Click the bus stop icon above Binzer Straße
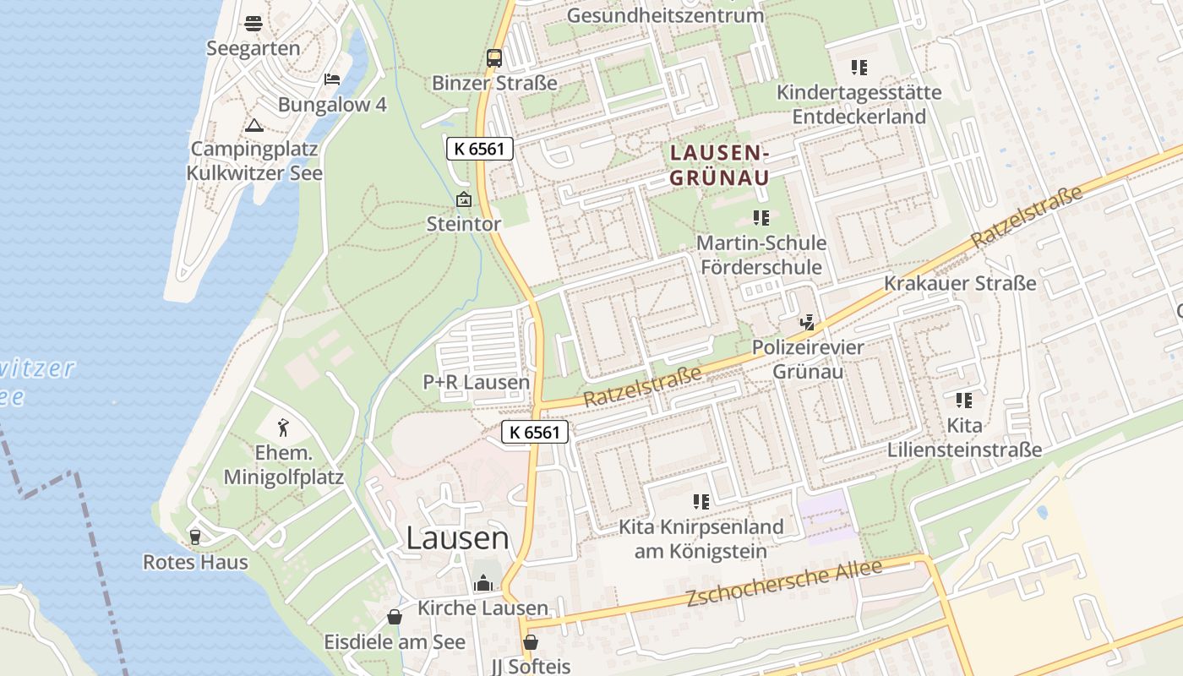tap(494, 58)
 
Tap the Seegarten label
tap(253, 48)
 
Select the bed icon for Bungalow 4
tap(332, 79)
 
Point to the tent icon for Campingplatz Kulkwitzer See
tap(253, 125)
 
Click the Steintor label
tap(463, 224)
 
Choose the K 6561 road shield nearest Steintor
tap(479, 149)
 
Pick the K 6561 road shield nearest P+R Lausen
tap(535, 432)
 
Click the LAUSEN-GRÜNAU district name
tap(719, 165)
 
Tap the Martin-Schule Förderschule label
tap(761, 254)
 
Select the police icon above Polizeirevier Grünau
tap(808, 322)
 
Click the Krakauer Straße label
tap(960, 283)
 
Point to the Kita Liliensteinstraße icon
tap(964, 400)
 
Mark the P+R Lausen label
tap(477, 382)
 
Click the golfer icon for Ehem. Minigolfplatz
tap(284, 428)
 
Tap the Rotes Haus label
tap(195, 562)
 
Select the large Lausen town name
tap(457, 537)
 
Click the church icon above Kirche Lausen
tap(483, 583)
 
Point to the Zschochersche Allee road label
tap(783, 583)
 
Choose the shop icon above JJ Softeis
tap(531, 642)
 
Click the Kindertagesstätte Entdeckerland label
tap(859, 104)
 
